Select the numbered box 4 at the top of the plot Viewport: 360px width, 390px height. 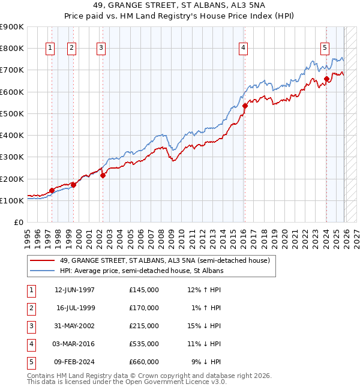pos(244,49)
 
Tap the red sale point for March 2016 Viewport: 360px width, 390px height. pos(245,106)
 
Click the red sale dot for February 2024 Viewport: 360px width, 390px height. pos(326,79)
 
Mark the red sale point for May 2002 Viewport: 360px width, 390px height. pos(103,176)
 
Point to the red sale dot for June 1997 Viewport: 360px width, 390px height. pos(52,191)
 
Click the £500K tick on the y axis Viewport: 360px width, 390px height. pos(12,113)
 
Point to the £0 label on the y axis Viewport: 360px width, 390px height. pos(18,223)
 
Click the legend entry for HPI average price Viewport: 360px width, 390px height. pos(142,271)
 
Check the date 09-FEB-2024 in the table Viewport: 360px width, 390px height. pos(74,362)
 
